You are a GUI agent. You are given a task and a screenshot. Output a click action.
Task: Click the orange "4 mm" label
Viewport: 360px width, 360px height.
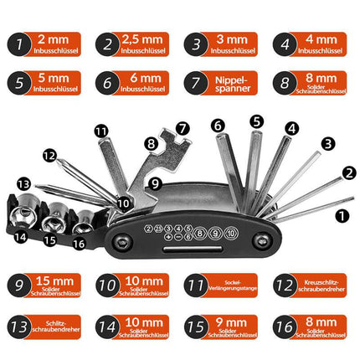point(321,44)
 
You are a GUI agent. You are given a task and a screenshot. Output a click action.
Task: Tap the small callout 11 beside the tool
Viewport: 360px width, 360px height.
point(101,131)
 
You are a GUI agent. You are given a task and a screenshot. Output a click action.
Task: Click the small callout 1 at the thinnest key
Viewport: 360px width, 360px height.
point(340,215)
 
